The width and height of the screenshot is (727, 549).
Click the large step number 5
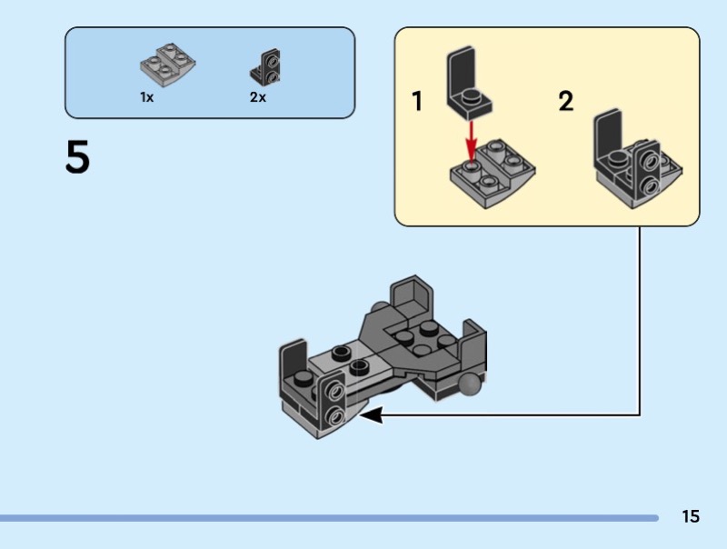click(x=78, y=157)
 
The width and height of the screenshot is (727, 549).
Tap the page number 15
click(x=691, y=516)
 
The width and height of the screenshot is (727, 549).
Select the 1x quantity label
click(x=146, y=97)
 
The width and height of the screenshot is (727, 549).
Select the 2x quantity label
click(x=258, y=97)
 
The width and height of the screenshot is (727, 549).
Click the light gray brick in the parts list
click(x=167, y=62)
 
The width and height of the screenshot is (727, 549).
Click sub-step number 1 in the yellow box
click(x=417, y=102)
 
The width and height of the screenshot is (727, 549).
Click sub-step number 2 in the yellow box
click(x=566, y=102)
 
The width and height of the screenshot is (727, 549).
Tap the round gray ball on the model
click(x=470, y=387)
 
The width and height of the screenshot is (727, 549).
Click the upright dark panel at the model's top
click(x=412, y=298)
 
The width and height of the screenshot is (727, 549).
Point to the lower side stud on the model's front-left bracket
click(x=335, y=417)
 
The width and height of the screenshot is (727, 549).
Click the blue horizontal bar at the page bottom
click(x=327, y=518)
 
